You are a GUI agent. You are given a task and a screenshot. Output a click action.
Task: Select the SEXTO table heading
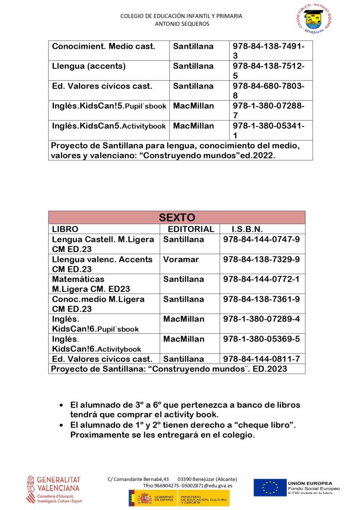[177, 217]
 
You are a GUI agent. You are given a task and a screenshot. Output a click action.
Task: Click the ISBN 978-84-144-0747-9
[261, 240]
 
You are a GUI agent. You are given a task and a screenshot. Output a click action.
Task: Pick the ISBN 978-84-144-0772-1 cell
[261, 279]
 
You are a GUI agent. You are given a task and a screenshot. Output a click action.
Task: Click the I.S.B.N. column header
[247, 229]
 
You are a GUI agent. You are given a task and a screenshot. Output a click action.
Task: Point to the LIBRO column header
[65, 229]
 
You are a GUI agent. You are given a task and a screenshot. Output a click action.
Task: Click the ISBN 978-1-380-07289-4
[261, 319]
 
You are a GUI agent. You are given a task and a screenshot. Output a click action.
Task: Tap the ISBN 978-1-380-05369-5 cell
[261, 339]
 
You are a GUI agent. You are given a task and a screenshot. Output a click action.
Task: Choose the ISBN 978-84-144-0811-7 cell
[261, 359]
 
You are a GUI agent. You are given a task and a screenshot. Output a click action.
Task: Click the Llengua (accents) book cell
[89, 66]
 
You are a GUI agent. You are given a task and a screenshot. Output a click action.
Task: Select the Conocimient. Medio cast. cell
[104, 46]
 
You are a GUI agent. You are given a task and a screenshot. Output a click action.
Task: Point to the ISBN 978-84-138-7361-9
[261, 299]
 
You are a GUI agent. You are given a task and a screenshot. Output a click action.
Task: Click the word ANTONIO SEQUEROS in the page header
[182, 24]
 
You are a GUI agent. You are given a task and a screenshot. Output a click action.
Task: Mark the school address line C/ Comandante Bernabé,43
[138, 479]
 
